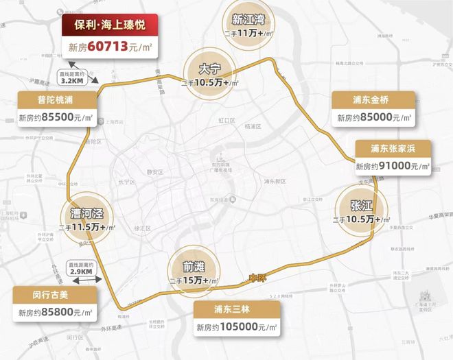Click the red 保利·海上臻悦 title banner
click(109, 25)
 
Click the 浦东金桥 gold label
click(373, 99)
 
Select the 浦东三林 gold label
click(236, 309)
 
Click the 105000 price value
click(237, 327)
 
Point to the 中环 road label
click(255, 280)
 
